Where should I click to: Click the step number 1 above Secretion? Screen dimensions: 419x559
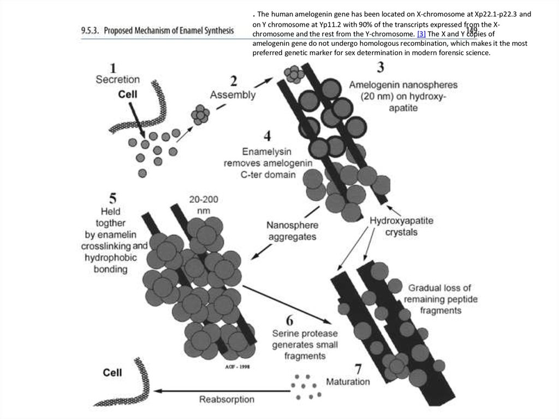[113, 68]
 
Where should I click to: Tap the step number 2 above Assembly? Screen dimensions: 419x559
[234, 81]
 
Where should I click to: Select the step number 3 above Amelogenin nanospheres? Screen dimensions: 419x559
[380, 68]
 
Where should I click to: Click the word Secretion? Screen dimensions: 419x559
[117, 80]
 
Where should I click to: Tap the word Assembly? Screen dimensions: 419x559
[233, 95]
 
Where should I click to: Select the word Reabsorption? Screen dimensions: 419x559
[227, 399]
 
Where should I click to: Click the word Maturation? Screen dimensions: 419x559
[347, 381]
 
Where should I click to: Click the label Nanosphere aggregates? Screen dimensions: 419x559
[291, 230]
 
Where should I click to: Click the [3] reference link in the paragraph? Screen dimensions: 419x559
[420, 33]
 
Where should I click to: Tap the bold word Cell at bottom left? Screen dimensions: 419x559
[116, 373]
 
